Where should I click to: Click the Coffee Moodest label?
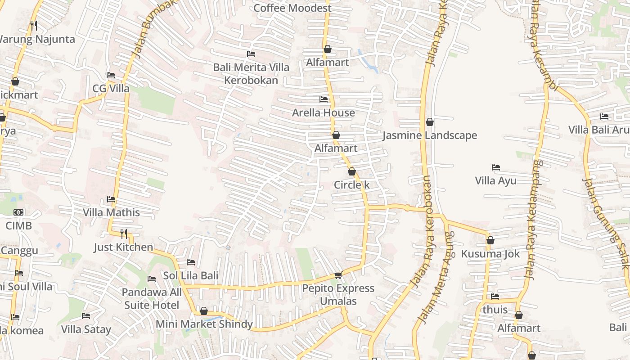[292, 8]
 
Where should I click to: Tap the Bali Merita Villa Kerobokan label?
[251, 74]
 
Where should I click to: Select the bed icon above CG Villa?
[111, 75]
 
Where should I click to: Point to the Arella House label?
[323, 112]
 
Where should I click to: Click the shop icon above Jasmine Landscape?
[430, 122]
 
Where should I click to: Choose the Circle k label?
[351, 184]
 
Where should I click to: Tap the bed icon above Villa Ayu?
[496, 167]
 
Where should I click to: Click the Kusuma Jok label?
[490, 254]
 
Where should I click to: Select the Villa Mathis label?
[111, 212]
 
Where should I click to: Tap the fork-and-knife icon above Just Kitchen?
[124, 234]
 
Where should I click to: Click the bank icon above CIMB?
[18, 212]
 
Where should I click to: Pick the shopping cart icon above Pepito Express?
[338, 275]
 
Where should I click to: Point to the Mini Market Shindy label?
[204, 324]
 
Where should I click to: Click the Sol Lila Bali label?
[190, 275]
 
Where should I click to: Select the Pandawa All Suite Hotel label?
[152, 298]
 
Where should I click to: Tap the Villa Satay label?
[85, 329]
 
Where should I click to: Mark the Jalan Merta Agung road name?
[436, 278]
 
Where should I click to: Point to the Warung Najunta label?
[37, 39]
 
